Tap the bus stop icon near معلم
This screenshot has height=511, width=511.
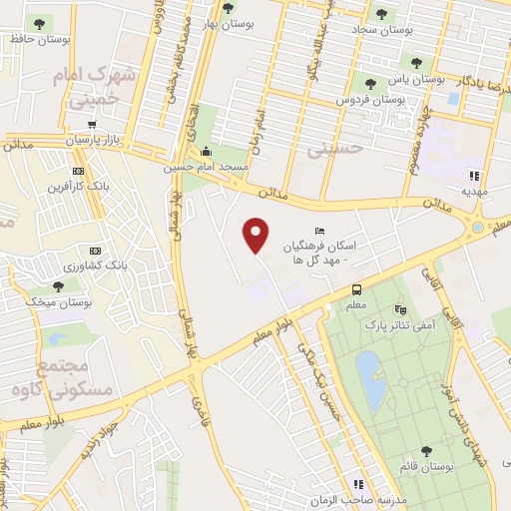356,289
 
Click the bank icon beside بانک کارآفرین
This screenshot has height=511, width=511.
80,170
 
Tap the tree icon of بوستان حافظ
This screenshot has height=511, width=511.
39,23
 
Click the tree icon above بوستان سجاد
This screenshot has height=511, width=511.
380,14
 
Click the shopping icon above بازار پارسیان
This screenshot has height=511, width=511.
92,125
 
